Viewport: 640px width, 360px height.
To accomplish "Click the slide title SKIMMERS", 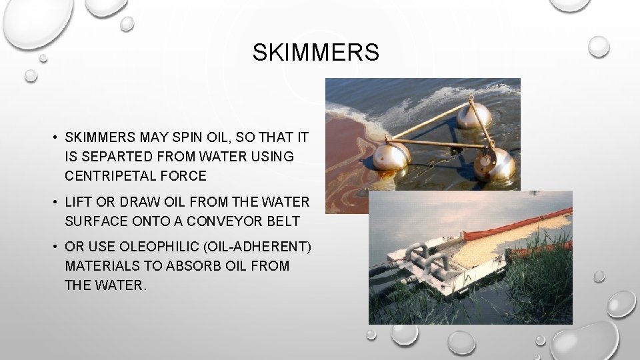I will point(315,52).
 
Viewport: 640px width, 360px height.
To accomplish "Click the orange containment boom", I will point(507,224).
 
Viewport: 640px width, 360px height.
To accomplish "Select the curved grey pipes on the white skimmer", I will point(424,257).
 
